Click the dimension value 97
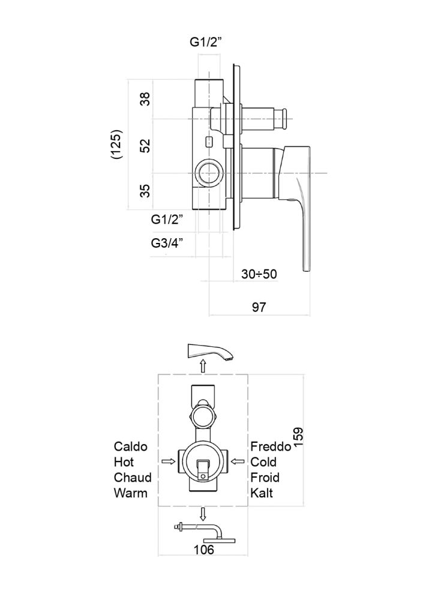coord(259,307)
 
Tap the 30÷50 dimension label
coord(259,274)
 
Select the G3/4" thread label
coord(167,243)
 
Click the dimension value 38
coord(145,99)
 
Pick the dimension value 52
coord(145,145)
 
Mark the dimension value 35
coord(145,191)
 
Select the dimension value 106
coord(205,548)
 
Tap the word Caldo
coord(131,446)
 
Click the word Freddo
coord(271,446)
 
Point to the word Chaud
coord(133,478)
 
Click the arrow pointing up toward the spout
coord(203,366)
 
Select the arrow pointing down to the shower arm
coord(203,514)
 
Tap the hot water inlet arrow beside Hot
coord(168,461)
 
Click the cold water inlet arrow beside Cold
coord(238,461)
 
